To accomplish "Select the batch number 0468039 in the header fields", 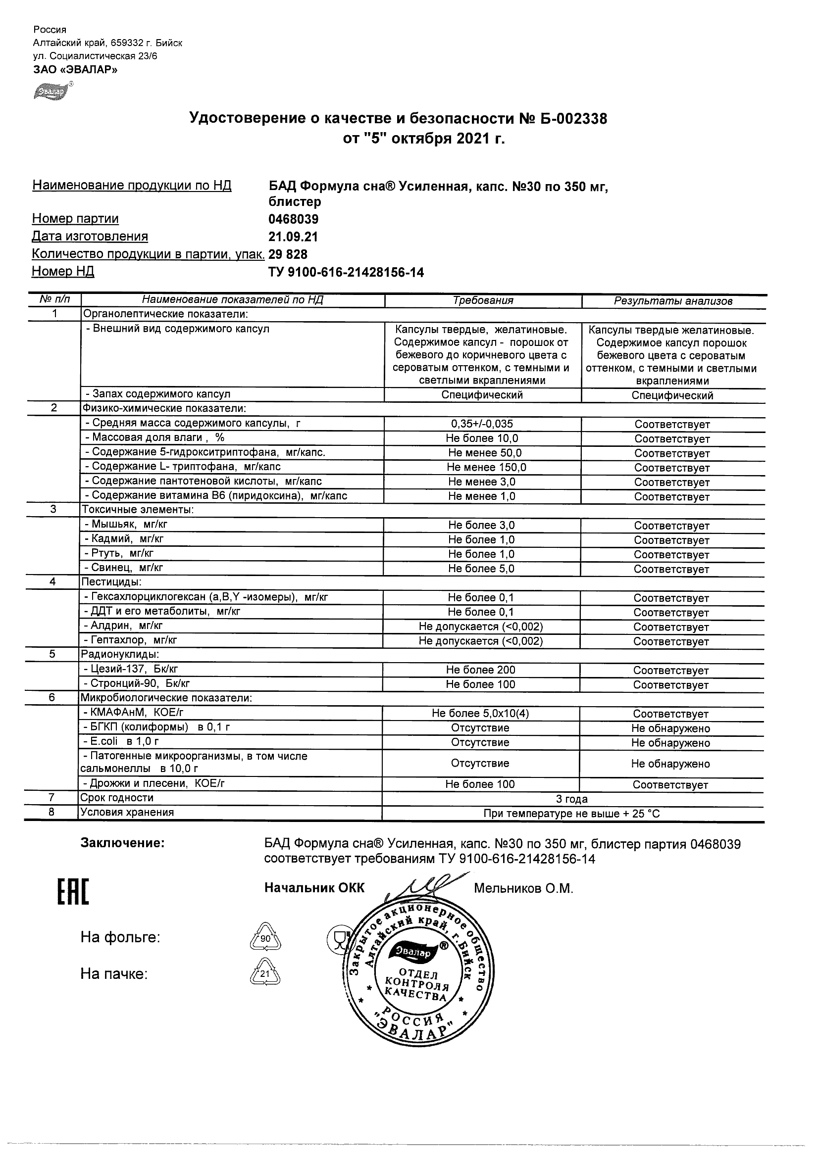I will pyautogui.click(x=293, y=219).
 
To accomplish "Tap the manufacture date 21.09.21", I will pyautogui.click(x=293, y=237).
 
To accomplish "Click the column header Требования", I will pyautogui.click(x=483, y=301).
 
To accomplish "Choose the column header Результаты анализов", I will pyautogui.click(x=673, y=301).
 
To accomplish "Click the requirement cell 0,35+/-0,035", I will pyautogui.click(x=482, y=424).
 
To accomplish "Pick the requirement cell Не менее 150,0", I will pyautogui.click(x=482, y=468).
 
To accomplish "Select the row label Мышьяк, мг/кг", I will pyautogui.click(x=126, y=525).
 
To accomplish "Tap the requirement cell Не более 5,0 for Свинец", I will pyautogui.click(x=481, y=569).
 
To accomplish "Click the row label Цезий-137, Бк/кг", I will pyautogui.click(x=131, y=669).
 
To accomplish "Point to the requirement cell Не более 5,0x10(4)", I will pyautogui.click(x=481, y=714).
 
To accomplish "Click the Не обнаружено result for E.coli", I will pyautogui.click(x=670, y=743).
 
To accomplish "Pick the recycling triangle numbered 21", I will pyautogui.click(x=265, y=974).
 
